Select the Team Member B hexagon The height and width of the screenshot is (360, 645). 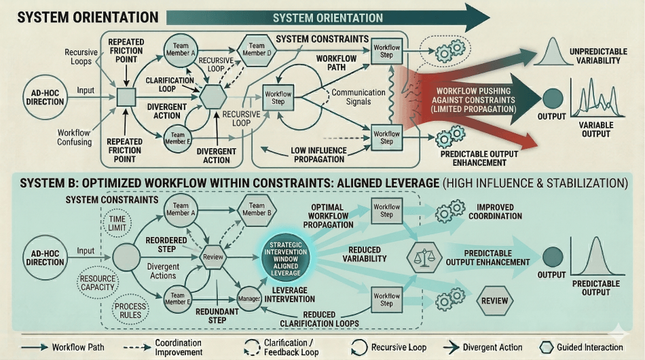(257, 210)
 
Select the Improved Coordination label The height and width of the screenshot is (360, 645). (500, 212)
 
